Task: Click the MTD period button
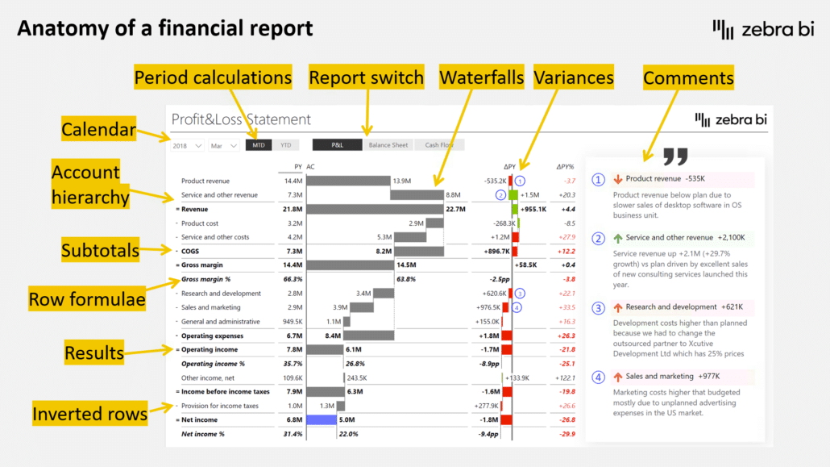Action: point(258,145)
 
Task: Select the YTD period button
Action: point(284,145)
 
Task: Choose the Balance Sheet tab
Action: point(388,145)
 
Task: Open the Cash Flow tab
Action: point(440,145)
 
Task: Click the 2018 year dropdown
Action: point(185,146)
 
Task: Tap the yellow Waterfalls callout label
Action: point(482,77)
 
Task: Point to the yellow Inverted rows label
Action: point(90,415)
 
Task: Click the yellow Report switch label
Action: point(367,77)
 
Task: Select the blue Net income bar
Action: point(321,419)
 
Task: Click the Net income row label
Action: point(199,419)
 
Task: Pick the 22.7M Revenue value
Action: point(456,209)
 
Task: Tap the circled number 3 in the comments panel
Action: point(598,307)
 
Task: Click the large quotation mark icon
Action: point(677,157)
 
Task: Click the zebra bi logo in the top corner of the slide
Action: point(762,29)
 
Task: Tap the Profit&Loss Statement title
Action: point(241,119)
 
